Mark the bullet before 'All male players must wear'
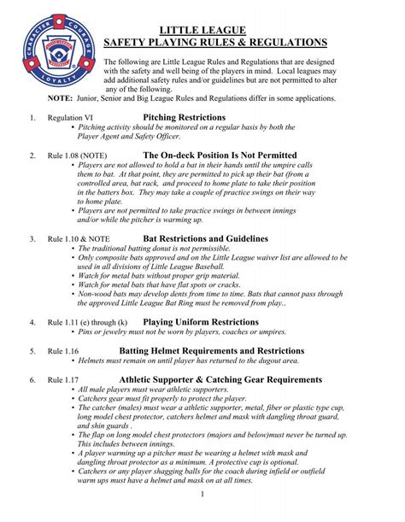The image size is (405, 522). [72, 390]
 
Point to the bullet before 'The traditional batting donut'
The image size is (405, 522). [72, 249]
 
